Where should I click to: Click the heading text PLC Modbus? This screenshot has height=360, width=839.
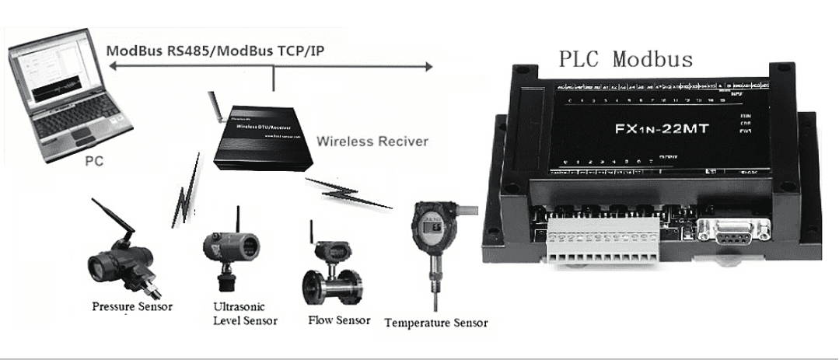(x=625, y=59)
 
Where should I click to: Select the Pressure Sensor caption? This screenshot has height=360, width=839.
(x=131, y=306)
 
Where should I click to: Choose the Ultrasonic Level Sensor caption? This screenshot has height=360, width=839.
(x=244, y=313)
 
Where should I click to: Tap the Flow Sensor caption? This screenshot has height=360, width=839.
(x=339, y=320)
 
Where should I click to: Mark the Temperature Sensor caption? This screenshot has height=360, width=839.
(x=436, y=323)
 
